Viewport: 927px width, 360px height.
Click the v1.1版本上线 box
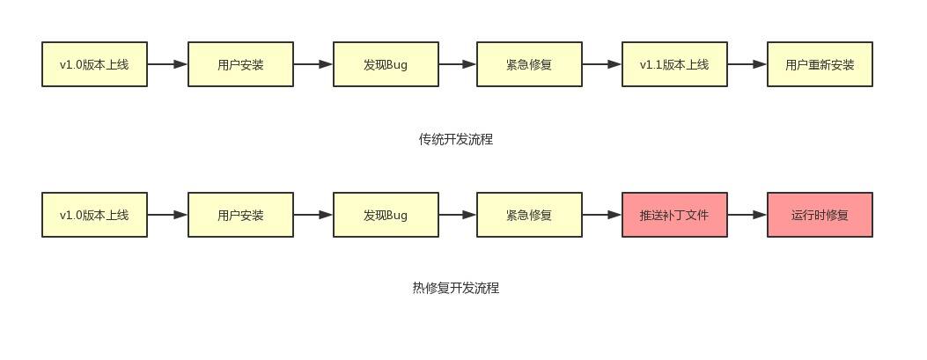click(x=674, y=64)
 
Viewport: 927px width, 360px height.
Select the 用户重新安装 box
click(x=820, y=64)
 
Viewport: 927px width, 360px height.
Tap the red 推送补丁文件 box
click(x=674, y=215)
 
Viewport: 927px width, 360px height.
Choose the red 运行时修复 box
click(x=820, y=215)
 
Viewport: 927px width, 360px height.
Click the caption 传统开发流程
click(x=455, y=139)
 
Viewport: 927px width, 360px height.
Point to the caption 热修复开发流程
click(x=455, y=288)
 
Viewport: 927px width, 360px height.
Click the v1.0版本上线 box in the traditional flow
click(x=94, y=64)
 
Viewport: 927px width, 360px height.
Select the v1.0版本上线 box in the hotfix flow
click(x=94, y=215)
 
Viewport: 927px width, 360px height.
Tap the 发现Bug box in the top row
click(x=386, y=64)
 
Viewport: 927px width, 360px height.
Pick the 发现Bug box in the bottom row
click(x=386, y=215)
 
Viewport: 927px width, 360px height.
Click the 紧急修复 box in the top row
click(x=529, y=64)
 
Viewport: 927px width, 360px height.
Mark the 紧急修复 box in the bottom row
click(x=529, y=215)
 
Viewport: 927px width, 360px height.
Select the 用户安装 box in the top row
click(x=240, y=64)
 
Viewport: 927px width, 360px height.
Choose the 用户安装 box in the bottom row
click(x=240, y=215)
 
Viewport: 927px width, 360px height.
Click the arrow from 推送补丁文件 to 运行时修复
click(x=747, y=214)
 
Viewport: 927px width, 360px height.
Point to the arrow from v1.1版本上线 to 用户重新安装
click(x=747, y=64)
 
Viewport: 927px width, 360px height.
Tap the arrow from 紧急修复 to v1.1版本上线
click(x=602, y=64)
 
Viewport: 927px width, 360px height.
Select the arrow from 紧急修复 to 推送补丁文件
click(x=602, y=214)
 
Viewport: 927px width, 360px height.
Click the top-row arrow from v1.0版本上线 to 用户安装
click(x=167, y=64)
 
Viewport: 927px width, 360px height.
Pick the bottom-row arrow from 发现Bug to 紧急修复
click(x=458, y=214)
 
